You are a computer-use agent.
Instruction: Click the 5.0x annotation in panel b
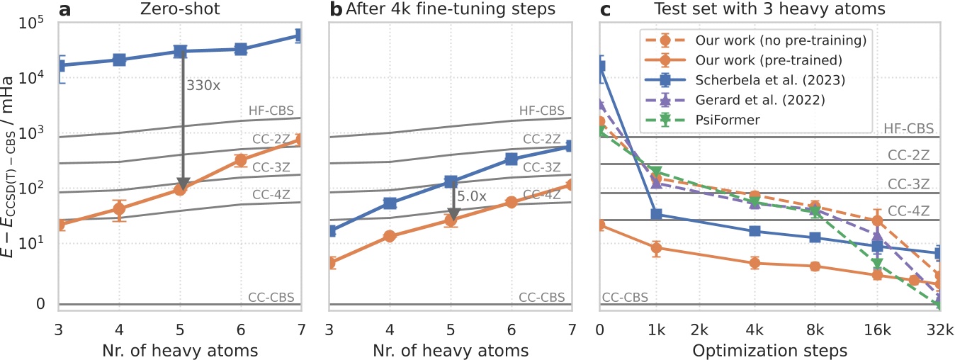(x=472, y=196)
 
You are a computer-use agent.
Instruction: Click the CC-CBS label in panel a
(x=271, y=297)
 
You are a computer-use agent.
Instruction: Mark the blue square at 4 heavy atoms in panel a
(x=120, y=60)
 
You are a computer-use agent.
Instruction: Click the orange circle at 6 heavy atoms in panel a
(x=240, y=160)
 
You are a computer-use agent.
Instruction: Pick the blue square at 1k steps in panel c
(x=656, y=214)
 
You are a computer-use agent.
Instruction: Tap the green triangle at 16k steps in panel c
(x=877, y=264)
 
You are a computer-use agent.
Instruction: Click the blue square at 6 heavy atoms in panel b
(x=511, y=159)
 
